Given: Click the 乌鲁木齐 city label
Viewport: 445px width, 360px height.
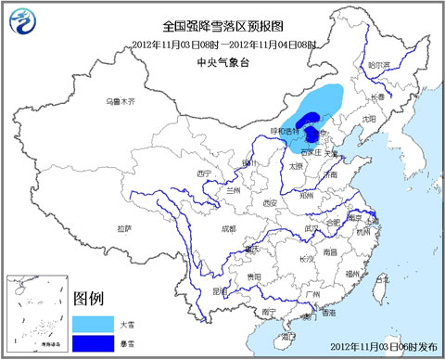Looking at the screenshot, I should (x=121, y=100).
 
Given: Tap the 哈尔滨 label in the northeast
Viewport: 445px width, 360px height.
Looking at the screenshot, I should (x=378, y=65).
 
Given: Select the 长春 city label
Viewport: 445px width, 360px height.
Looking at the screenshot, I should (x=377, y=96).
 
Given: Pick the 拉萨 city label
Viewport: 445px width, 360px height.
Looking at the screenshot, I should (x=124, y=227).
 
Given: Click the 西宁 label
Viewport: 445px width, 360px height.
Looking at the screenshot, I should (x=205, y=174).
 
